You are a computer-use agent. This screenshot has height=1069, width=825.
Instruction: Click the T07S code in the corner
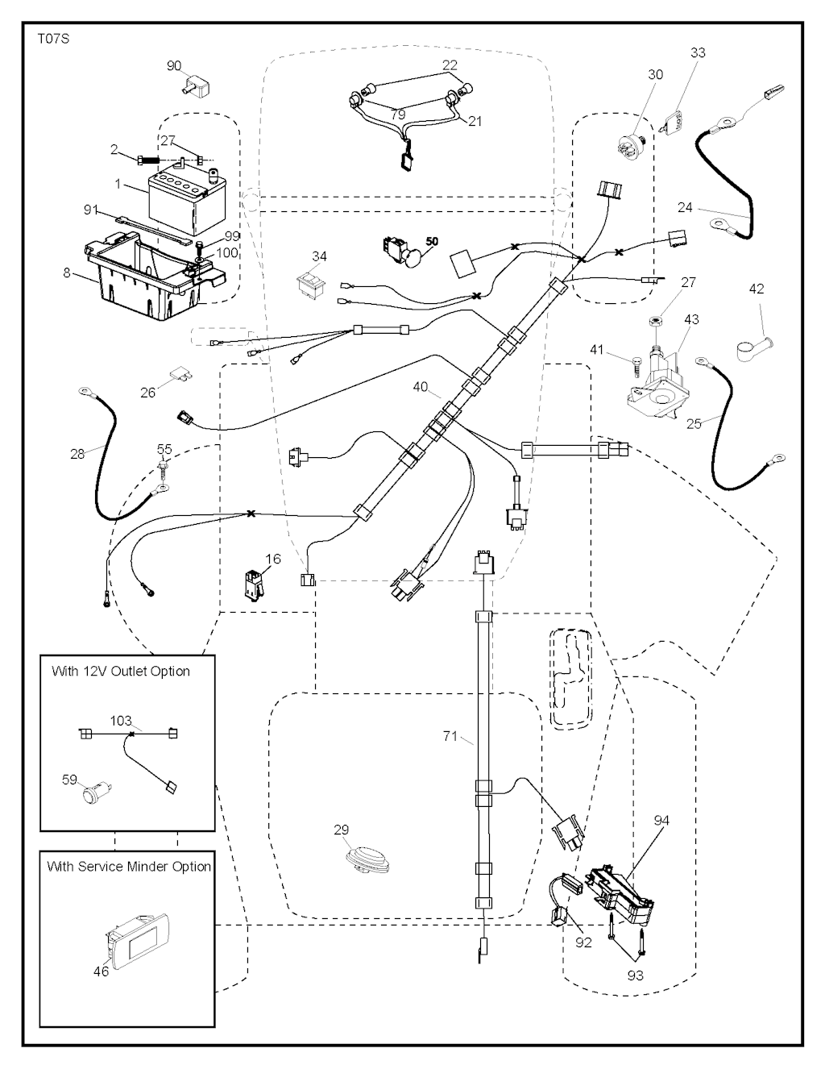coord(53,38)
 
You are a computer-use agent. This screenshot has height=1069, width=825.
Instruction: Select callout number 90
coord(174,66)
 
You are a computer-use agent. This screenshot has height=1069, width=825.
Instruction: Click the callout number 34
coord(319,256)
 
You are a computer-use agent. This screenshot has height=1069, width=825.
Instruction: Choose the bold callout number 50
coord(432,241)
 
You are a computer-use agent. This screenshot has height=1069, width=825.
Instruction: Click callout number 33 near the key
coord(698,52)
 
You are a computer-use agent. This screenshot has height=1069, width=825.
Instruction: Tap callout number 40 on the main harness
coord(421,387)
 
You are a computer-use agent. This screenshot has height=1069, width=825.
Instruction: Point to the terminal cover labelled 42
coord(752,348)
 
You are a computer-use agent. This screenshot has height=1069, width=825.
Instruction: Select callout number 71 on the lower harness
coord(451,735)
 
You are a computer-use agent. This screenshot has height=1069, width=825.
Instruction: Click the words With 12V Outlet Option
coord(121,671)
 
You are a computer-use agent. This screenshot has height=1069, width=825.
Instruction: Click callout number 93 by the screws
coord(635,975)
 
